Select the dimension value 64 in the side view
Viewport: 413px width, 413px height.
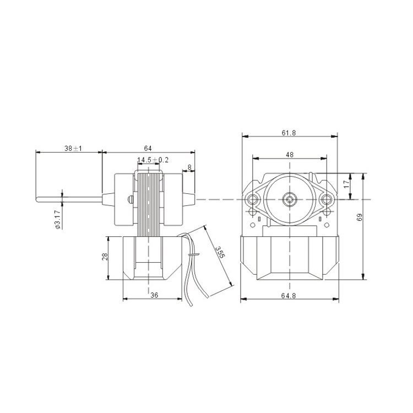148,149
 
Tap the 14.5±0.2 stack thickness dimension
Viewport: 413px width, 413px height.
153,160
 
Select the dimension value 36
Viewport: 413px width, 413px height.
154,295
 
